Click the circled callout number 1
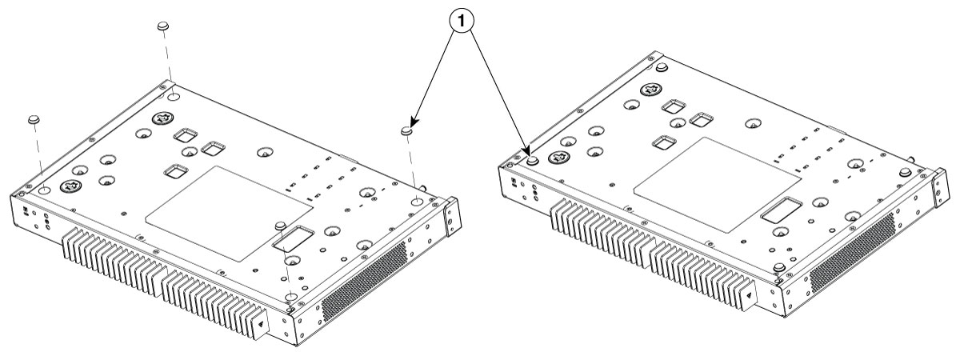461,21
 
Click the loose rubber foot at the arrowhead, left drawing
406,130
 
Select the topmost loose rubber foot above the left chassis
162,26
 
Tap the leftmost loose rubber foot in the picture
34,119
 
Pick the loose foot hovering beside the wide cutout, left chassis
280,225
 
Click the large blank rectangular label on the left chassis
230,214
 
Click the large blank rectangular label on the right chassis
717,185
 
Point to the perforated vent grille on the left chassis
364,281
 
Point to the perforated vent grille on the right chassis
852,252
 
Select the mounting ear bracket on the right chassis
940,189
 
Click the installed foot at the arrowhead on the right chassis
532,161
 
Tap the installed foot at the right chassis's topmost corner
662,68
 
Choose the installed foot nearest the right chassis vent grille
779,268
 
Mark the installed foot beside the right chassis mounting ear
904,172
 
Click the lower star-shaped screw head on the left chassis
70,186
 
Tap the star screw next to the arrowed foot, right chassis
556,158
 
